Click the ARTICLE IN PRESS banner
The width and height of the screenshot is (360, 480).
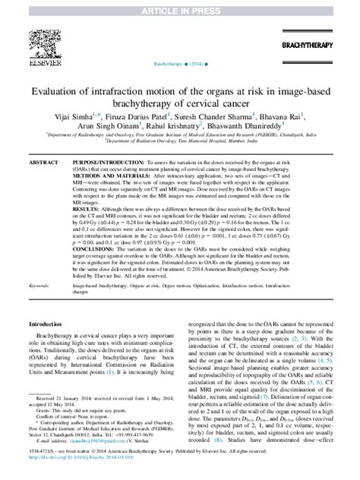point(180,6)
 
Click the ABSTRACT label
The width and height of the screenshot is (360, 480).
point(43,163)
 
